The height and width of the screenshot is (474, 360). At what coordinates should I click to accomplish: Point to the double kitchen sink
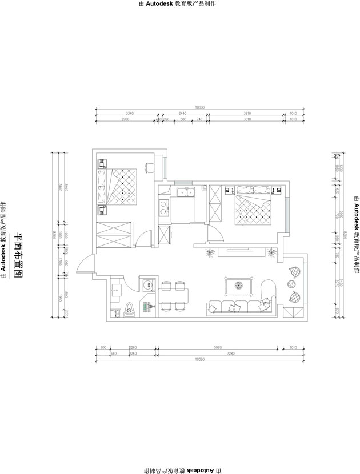click(184, 192)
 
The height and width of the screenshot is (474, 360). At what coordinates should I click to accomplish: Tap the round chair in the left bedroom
click(149, 167)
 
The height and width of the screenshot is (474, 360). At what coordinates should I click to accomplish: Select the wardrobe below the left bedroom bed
click(114, 234)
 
